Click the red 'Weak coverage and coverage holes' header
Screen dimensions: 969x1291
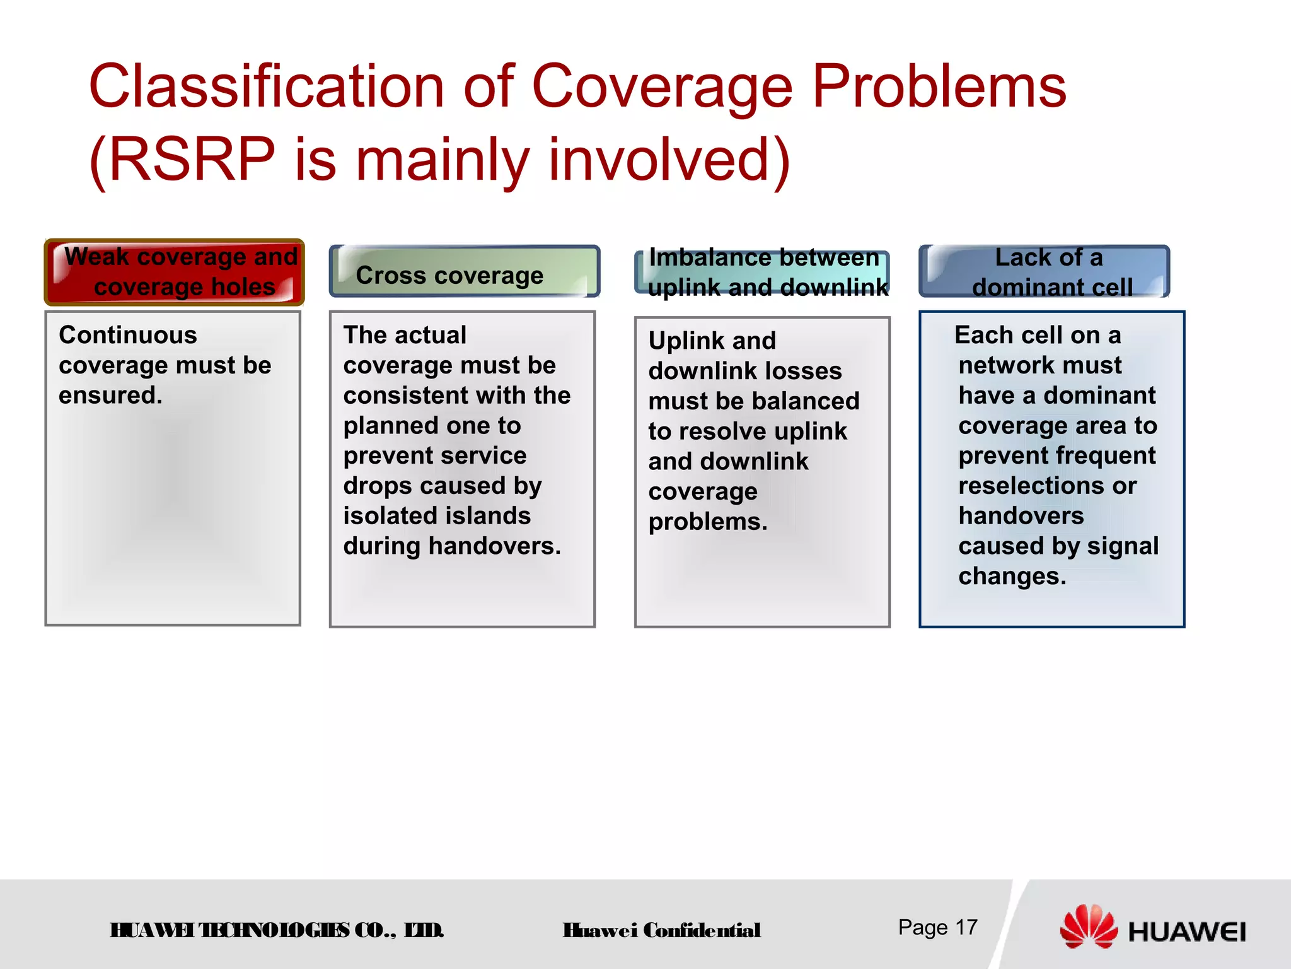click(x=175, y=272)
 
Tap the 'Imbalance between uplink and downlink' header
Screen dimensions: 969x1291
click(x=763, y=273)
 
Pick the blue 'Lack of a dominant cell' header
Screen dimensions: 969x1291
click(x=1045, y=272)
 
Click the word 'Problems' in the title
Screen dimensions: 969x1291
click(x=939, y=86)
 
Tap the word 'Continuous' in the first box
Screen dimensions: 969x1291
click(x=128, y=335)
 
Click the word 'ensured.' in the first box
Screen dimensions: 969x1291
click(x=111, y=396)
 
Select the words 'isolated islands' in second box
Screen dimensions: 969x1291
click(x=437, y=516)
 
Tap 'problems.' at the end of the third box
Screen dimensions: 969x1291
click(x=708, y=522)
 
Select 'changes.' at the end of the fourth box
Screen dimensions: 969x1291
click(x=1012, y=577)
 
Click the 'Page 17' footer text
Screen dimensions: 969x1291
click(x=937, y=927)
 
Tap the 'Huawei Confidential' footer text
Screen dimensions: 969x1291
click(x=662, y=931)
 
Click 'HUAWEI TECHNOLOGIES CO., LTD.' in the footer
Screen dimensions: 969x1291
click(x=277, y=931)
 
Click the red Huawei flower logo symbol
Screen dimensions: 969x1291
click(x=1088, y=926)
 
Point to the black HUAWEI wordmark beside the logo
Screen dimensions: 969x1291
click(x=1187, y=932)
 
